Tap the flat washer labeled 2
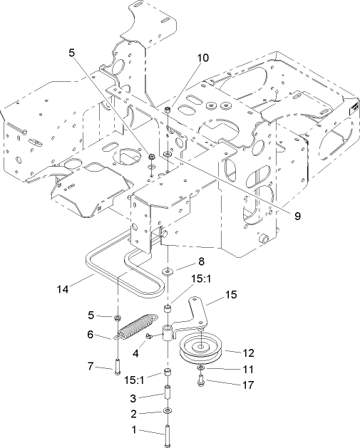(x=167, y=412)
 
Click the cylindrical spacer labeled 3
(x=167, y=394)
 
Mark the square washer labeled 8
(x=166, y=271)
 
